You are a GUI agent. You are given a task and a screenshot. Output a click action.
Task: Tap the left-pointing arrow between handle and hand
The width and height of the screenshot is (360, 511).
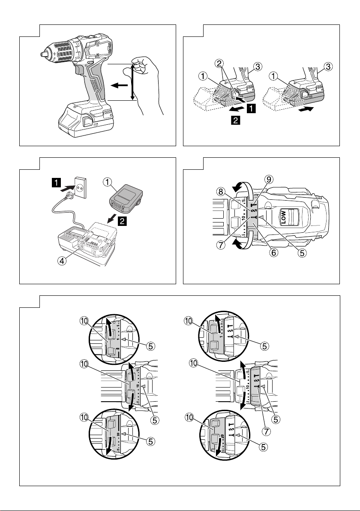[118, 85]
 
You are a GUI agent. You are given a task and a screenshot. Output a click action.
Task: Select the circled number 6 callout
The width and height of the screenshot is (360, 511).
[273, 252]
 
